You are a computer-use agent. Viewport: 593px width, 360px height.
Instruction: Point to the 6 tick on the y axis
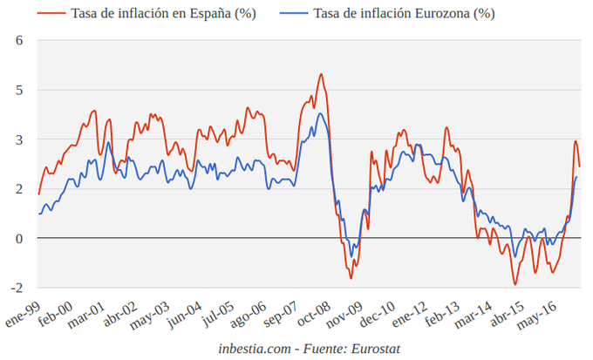pos(18,41)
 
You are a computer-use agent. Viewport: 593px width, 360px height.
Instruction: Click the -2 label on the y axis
pos(16,288)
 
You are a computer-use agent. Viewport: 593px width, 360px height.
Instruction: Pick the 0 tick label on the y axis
pos(18,238)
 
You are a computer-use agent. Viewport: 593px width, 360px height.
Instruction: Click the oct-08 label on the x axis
pos(311,314)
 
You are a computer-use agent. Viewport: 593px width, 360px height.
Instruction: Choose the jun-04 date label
pos(184,314)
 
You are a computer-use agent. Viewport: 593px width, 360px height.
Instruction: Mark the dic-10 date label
pos(377,314)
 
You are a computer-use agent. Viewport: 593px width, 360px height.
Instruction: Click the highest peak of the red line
pos(321,74)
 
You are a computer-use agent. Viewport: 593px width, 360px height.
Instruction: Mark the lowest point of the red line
pos(515,284)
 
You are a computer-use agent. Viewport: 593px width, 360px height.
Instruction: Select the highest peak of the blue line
pos(320,113)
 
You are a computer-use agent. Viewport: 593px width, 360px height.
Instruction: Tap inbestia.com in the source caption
pos(254,349)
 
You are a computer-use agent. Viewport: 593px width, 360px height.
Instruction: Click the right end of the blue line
pos(577,177)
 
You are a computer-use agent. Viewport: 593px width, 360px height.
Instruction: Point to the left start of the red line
pos(38,194)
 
